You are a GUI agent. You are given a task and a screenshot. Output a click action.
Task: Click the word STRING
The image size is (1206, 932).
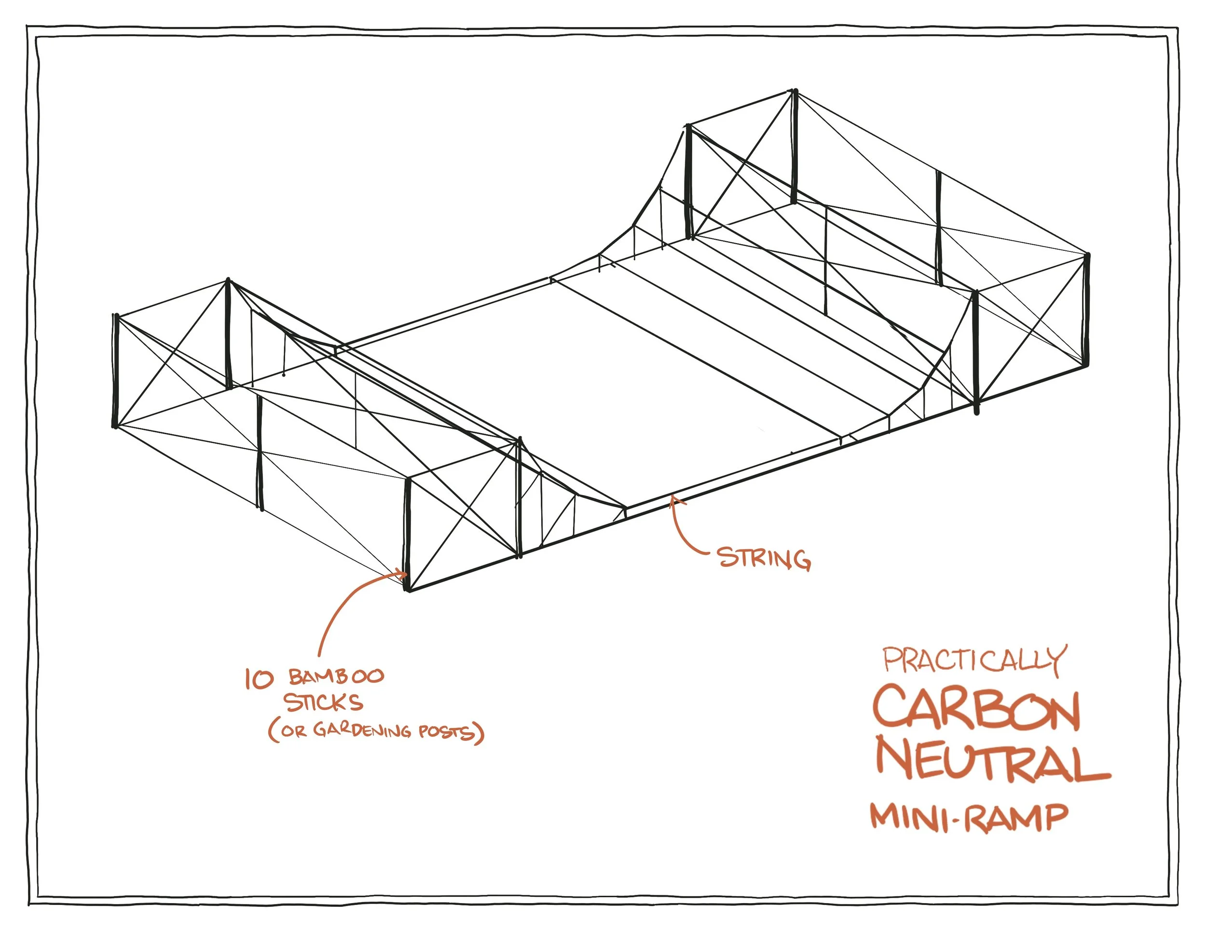coord(764,559)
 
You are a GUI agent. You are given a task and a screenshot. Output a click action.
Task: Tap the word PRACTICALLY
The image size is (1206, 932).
coord(973,660)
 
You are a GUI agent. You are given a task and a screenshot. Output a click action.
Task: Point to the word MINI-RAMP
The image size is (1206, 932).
coord(969,818)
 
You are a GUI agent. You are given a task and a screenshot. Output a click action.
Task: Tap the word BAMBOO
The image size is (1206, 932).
coord(336,677)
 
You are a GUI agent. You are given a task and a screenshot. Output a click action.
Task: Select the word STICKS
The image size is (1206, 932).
coord(324,703)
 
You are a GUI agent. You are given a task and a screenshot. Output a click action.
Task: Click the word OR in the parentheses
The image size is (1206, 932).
coord(293,732)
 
